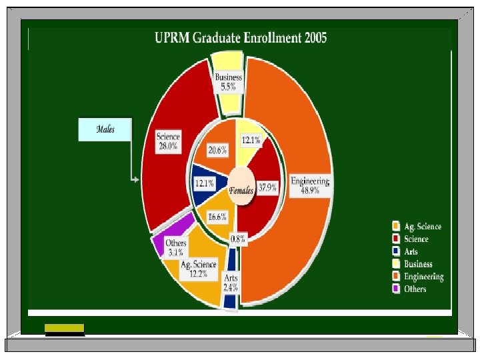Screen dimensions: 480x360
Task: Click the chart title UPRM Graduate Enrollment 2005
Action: [241, 38]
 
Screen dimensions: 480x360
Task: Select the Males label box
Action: [105, 129]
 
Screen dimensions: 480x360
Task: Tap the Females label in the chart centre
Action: [241, 191]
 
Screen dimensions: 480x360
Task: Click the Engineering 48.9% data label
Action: [310, 185]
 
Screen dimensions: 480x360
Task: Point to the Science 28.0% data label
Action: [167, 142]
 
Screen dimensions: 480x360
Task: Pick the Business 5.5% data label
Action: [228, 83]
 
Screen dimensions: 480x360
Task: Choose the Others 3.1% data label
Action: [175, 248]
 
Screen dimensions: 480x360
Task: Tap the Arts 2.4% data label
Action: [231, 283]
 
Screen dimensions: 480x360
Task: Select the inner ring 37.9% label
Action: [267, 188]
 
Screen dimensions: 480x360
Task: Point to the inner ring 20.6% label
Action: [217, 151]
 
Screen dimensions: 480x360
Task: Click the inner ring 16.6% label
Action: [217, 217]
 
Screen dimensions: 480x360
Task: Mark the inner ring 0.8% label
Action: [237, 239]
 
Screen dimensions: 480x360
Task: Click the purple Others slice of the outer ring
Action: [158, 245]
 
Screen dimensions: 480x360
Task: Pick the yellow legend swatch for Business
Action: [396, 264]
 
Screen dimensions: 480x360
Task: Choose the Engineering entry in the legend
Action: [423, 277]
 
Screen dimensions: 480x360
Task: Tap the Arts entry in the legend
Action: [411, 251]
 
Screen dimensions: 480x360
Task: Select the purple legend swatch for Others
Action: [396, 289]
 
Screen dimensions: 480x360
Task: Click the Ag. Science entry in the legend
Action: [422, 227]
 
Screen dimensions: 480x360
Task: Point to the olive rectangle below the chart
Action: [65, 327]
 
